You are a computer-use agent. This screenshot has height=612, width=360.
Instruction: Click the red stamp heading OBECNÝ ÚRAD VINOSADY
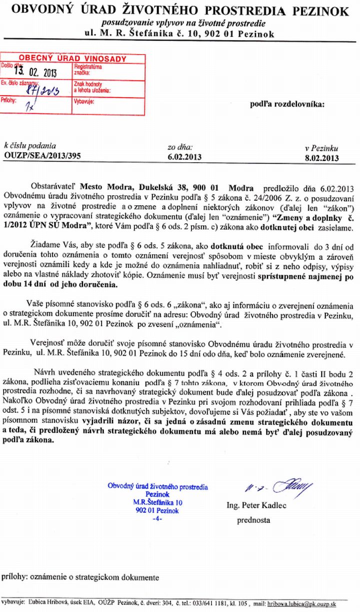click(x=72, y=59)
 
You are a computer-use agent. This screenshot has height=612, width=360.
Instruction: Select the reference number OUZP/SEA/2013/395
click(x=42, y=155)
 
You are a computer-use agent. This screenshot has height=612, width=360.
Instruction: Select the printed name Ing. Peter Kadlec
click(x=256, y=505)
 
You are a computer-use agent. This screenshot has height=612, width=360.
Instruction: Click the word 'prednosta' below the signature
click(x=253, y=520)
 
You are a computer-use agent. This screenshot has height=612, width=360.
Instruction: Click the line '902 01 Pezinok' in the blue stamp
click(x=156, y=510)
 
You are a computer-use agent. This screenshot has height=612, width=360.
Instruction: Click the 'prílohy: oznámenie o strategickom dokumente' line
click(x=80, y=577)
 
